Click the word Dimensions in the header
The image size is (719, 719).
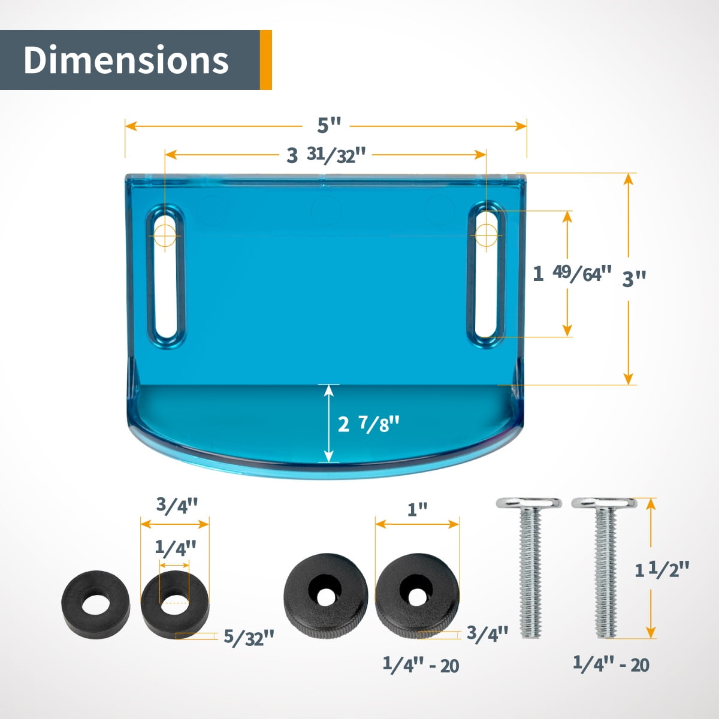[126, 60]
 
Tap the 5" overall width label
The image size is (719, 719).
[329, 125]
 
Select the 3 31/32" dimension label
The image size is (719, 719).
[326, 155]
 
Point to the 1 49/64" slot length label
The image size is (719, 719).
[572, 274]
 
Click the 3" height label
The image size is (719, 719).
[634, 279]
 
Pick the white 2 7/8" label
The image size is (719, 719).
[368, 424]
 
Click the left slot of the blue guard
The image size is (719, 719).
[166, 275]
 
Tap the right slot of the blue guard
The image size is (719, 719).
[487, 275]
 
